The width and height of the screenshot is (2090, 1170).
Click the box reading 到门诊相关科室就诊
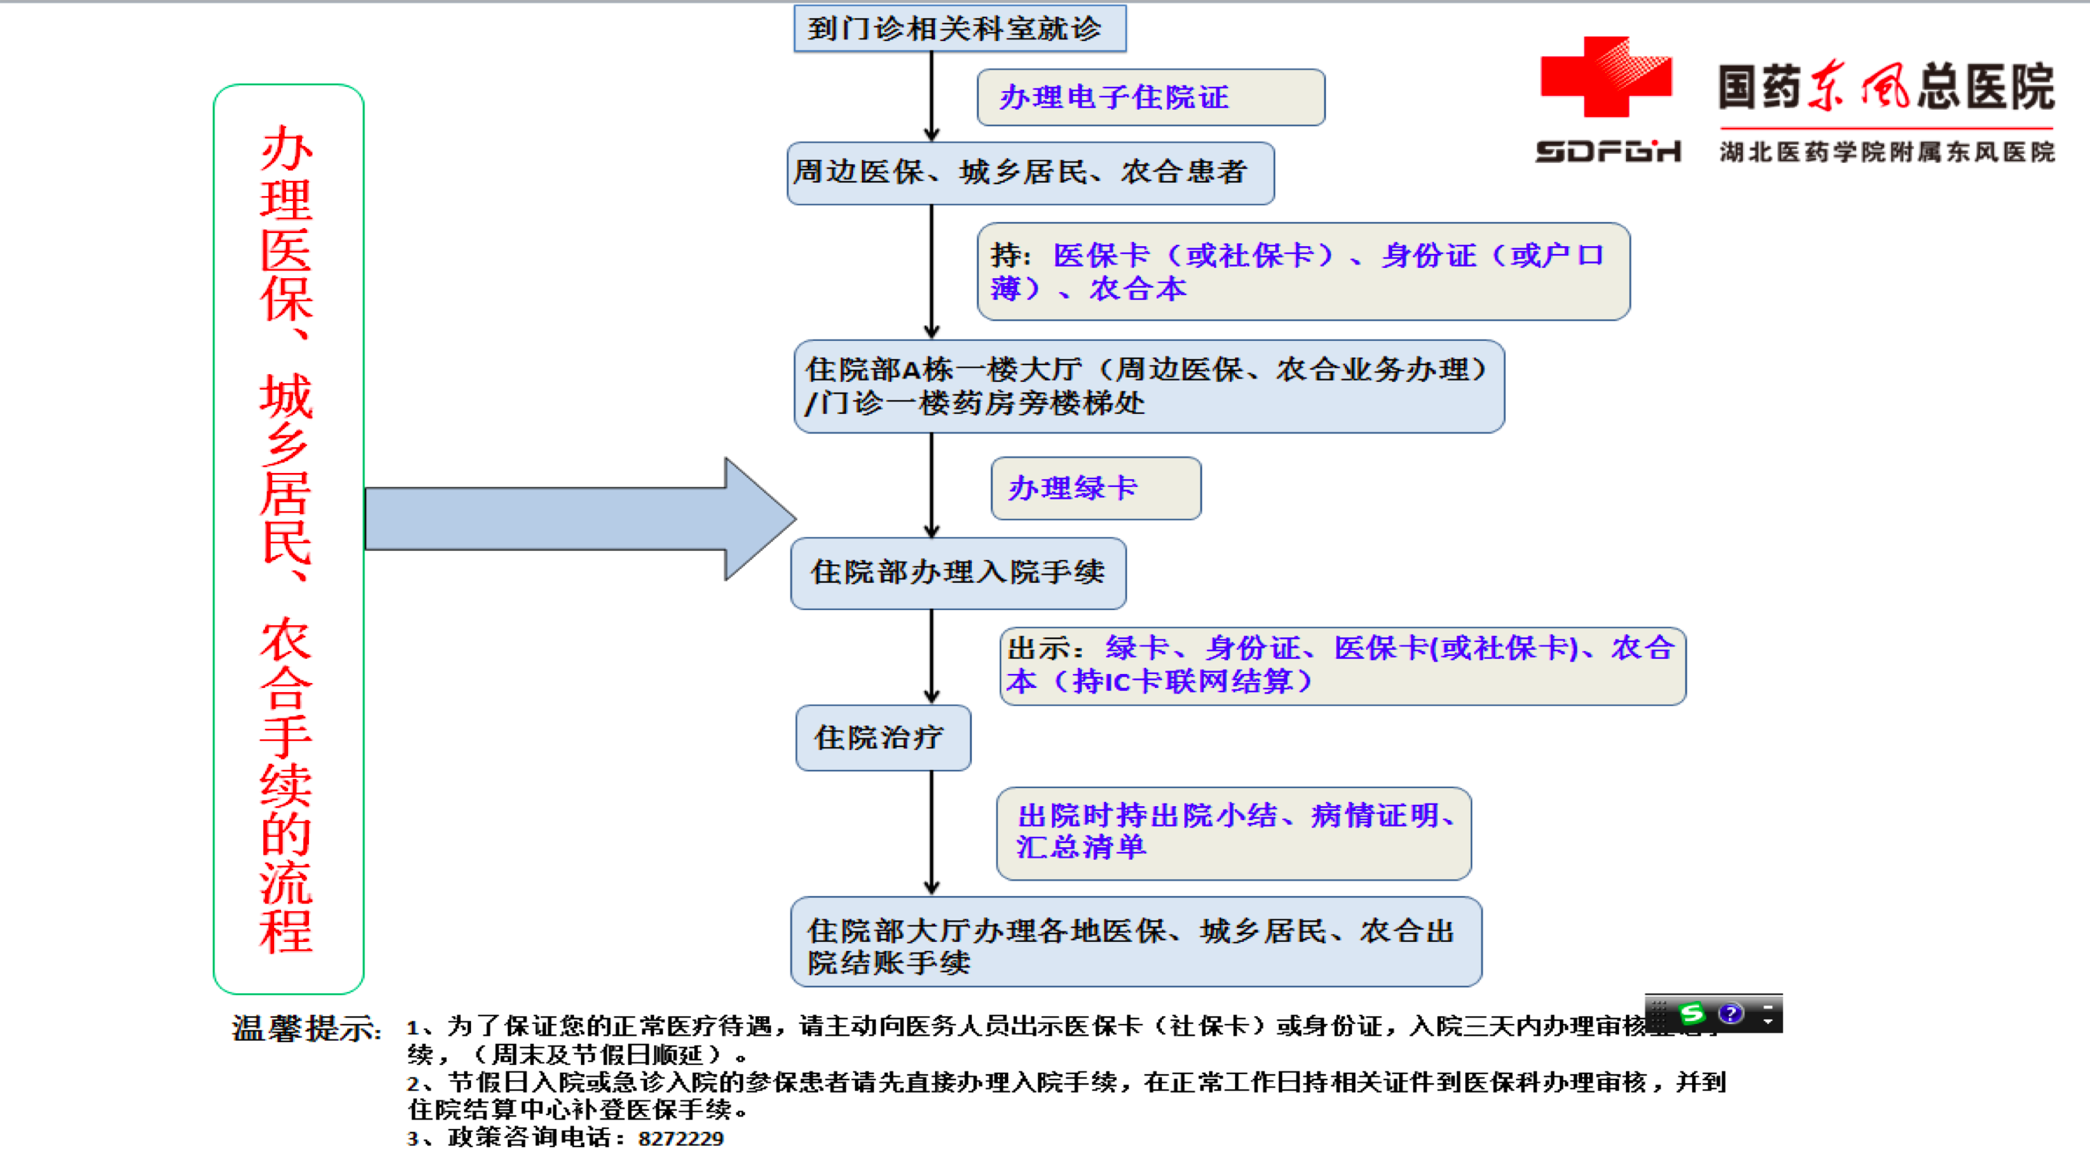(x=959, y=29)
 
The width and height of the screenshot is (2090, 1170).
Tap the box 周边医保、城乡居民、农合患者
(x=1030, y=173)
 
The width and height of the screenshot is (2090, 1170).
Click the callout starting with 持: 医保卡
(x=1302, y=272)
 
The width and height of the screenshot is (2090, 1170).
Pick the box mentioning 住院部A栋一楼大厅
(x=1148, y=386)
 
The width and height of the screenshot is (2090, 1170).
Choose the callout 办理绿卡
(x=1095, y=488)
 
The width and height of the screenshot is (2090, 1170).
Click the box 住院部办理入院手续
(x=957, y=573)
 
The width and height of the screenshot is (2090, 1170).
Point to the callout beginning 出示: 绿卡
(x=1342, y=665)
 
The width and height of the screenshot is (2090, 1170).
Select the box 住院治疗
(x=883, y=737)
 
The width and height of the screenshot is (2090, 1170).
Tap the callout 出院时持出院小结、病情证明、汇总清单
(x=1234, y=833)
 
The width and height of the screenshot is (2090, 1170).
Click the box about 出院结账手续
(x=1136, y=941)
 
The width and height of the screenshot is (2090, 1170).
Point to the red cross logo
(x=1605, y=77)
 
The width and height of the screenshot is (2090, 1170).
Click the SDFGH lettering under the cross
(x=1607, y=152)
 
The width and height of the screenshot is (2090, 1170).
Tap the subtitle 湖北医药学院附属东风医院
(x=1885, y=152)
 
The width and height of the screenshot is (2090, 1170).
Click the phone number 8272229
(x=680, y=1139)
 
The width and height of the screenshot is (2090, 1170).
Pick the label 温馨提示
(x=306, y=1029)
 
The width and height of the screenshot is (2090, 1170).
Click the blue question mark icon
(x=1730, y=1013)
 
